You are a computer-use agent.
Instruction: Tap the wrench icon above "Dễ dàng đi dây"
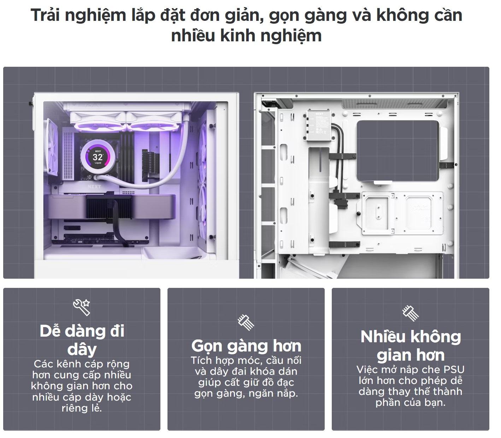(x=82, y=307)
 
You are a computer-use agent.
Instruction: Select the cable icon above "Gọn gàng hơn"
(x=246, y=321)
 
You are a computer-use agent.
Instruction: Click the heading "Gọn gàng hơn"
(x=246, y=346)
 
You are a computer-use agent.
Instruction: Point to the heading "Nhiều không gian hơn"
(x=411, y=346)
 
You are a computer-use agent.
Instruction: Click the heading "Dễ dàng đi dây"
(x=82, y=340)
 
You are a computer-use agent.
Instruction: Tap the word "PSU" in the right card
(x=453, y=369)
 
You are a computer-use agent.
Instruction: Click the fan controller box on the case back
(x=319, y=125)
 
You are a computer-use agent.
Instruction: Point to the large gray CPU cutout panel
(x=398, y=150)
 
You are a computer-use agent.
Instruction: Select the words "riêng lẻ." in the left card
(x=82, y=408)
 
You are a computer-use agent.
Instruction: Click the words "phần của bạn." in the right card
(x=410, y=402)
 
